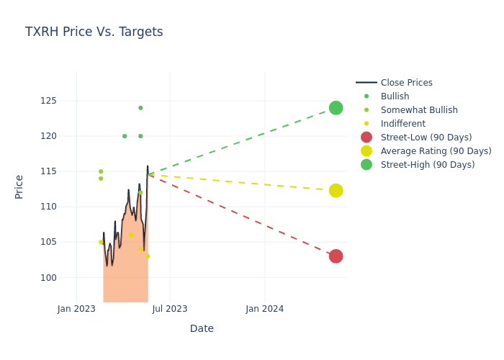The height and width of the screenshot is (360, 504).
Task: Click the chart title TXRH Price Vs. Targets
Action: (94, 32)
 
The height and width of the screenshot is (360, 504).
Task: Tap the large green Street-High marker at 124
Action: (336, 108)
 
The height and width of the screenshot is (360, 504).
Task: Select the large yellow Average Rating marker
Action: (336, 190)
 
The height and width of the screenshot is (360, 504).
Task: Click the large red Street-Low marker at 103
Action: (336, 256)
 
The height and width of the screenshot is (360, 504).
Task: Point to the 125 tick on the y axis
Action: (48, 101)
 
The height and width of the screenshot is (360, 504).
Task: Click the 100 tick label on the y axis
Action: (48, 277)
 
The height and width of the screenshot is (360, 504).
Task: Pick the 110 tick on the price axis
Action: (48, 207)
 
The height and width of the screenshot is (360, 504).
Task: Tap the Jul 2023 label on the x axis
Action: (170, 309)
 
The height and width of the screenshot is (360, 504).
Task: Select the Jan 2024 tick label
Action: (264, 309)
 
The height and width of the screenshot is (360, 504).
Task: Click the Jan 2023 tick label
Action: (76, 309)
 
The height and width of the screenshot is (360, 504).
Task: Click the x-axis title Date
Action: (202, 328)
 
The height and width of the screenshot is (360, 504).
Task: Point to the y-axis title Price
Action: (19, 186)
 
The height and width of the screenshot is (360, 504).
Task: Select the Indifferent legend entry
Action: (402, 124)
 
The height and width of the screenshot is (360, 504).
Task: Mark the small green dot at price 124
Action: (140, 108)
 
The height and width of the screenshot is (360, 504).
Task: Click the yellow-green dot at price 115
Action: (101, 171)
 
